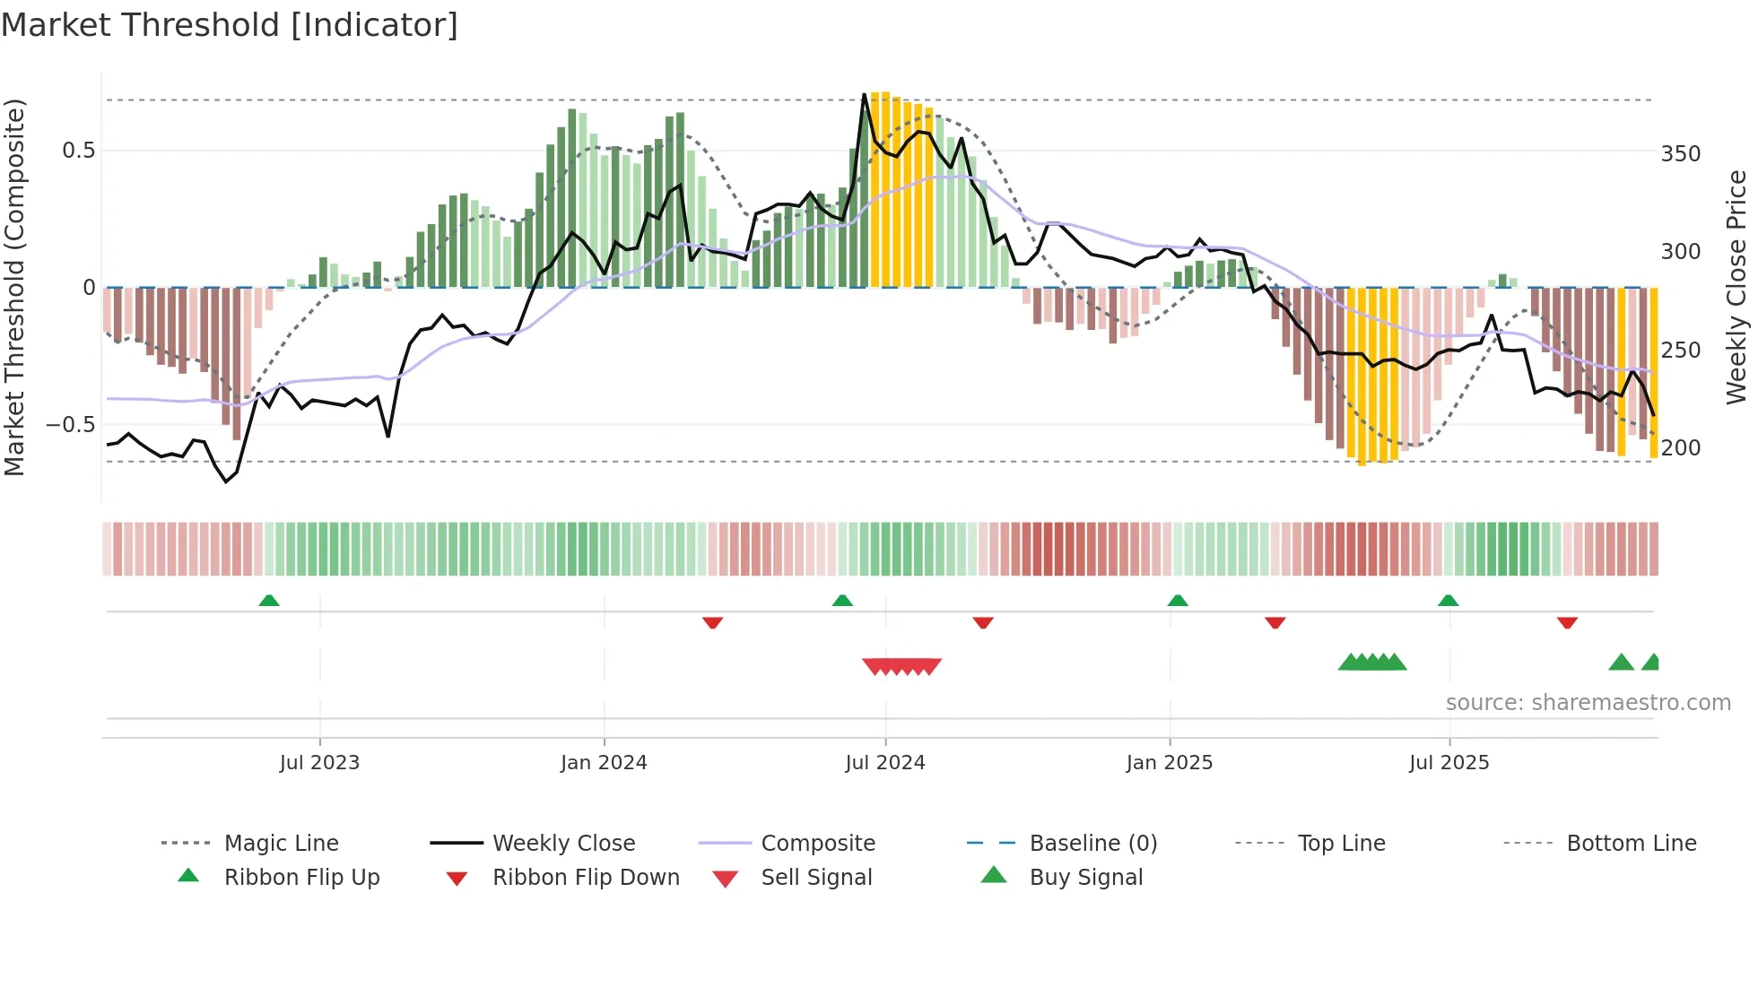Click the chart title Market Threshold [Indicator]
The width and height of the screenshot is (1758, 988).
(230, 25)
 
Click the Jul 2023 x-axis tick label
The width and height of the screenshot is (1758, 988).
(319, 763)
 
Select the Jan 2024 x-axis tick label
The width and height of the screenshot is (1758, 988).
(604, 763)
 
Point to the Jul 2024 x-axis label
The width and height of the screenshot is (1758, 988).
(885, 763)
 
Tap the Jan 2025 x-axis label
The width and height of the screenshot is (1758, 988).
(1170, 763)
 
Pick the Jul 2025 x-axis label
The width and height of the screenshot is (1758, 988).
(1449, 763)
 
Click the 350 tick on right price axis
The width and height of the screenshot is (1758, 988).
(1681, 154)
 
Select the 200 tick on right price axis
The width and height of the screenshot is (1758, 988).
(1681, 447)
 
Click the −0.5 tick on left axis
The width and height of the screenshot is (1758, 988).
(70, 424)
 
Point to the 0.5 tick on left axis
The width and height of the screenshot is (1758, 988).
(79, 151)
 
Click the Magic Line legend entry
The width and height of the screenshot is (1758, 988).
(281, 844)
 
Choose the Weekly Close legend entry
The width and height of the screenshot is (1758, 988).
(563, 844)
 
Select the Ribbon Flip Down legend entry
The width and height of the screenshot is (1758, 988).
(586, 878)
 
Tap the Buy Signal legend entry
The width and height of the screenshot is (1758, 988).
(1085, 878)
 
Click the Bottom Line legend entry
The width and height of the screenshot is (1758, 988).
(1631, 844)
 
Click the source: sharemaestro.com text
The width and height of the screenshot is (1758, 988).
(1588, 703)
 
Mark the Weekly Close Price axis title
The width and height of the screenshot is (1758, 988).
(1736, 287)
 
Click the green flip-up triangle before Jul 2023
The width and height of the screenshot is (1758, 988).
(269, 601)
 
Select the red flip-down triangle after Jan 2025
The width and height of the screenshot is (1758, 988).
(1275, 622)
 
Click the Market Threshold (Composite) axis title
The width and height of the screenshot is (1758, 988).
(14, 287)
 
